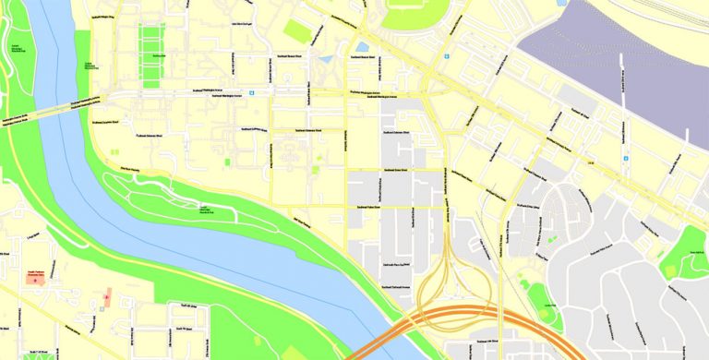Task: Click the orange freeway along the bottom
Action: tap(480, 318)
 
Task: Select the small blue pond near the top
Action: tap(362, 45)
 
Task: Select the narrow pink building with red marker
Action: tap(108, 297)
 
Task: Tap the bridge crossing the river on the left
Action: tap(46, 111)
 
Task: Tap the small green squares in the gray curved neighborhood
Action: tap(552, 240)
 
